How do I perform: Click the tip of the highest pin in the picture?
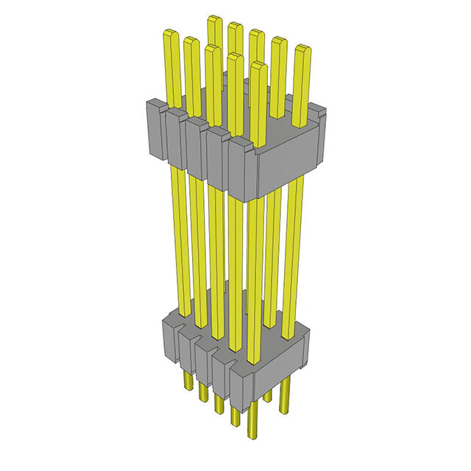point(214,19)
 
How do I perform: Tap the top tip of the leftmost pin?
point(171,34)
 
